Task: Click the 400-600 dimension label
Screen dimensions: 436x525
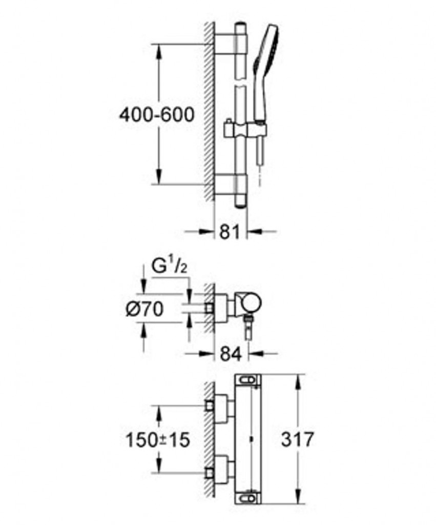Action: click(157, 115)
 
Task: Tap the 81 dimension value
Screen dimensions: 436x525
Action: click(230, 232)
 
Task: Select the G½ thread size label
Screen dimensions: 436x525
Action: click(169, 267)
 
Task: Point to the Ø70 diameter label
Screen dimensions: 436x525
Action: click(145, 309)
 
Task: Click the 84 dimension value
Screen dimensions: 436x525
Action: click(231, 354)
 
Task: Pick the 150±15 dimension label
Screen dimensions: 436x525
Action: click(158, 439)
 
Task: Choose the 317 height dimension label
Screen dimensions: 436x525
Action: click(298, 439)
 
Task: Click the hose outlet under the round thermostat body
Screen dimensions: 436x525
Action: click(248, 328)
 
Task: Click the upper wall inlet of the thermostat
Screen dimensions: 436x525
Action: click(210, 406)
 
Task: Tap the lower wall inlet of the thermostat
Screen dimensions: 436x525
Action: click(210, 473)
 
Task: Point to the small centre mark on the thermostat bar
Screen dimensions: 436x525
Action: click(251, 439)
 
